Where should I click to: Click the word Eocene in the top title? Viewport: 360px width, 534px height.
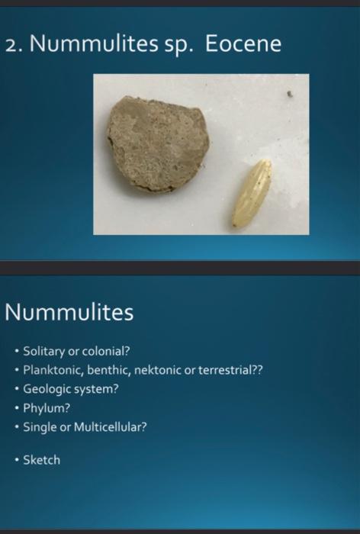coord(243,45)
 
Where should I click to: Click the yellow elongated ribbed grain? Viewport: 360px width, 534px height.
coord(252,193)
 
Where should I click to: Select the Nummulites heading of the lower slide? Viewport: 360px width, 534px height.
coord(69,312)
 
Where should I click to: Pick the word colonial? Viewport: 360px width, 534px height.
coord(106,352)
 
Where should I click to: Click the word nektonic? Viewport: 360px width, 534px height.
coord(157,370)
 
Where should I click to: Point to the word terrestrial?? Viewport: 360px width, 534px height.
coord(231,370)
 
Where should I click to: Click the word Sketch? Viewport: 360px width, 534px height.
coord(41,460)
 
